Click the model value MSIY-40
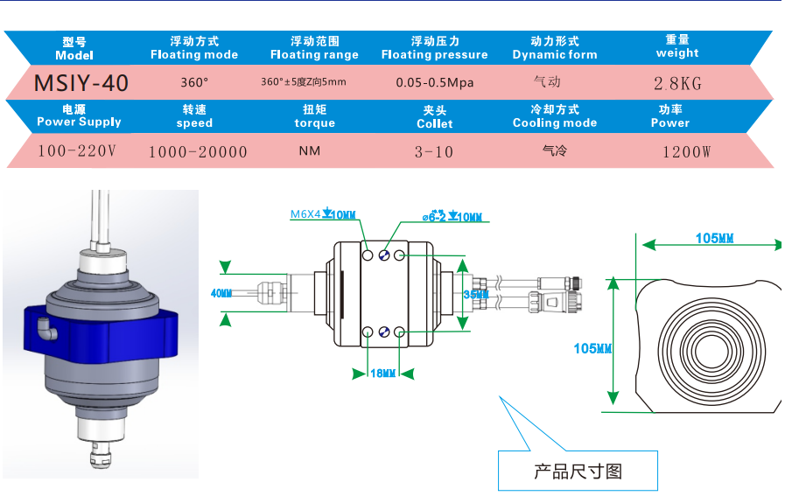click(x=81, y=84)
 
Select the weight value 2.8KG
click(x=677, y=85)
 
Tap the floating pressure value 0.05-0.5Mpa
click(x=434, y=83)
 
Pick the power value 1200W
click(x=686, y=152)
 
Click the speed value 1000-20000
click(x=198, y=152)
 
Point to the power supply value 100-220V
click(x=77, y=151)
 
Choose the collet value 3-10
click(x=434, y=152)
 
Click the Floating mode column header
click(x=194, y=48)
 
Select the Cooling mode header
click(x=555, y=116)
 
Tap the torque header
click(x=314, y=116)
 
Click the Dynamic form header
click(x=555, y=48)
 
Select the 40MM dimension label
click(x=221, y=293)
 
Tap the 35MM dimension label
click(x=475, y=296)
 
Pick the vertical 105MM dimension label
click(x=592, y=348)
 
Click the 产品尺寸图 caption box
click(x=578, y=472)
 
